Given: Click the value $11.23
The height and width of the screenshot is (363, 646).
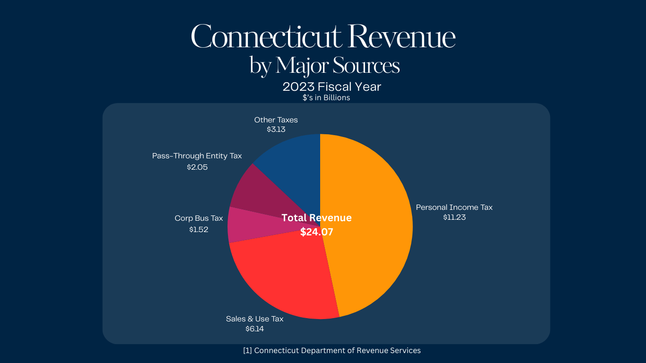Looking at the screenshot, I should [x=454, y=217].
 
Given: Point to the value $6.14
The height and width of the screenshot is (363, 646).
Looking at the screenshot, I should [x=254, y=328].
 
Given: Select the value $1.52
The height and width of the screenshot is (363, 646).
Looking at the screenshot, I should [x=199, y=229].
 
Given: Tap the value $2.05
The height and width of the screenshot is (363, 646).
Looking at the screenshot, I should [x=197, y=167].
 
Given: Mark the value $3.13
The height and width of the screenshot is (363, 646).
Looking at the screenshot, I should [x=276, y=129].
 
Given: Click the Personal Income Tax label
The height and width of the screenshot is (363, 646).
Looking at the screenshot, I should [x=454, y=207].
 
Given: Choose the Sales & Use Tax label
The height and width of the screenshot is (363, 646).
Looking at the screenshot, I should [x=254, y=319].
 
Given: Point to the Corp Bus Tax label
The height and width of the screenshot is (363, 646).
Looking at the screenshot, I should [x=199, y=218].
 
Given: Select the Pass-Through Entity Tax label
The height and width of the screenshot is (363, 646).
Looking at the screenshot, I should [x=197, y=156].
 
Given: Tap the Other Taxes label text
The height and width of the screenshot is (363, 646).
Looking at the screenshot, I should [x=276, y=120].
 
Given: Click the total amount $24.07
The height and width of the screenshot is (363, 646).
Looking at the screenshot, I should [x=317, y=232].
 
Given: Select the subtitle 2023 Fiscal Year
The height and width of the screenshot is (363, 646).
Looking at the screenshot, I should [x=332, y=87].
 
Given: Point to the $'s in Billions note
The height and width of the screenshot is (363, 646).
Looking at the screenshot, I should [x=326, y=98].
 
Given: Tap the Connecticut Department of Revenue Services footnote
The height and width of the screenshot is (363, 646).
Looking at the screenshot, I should [x=332, y=350].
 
